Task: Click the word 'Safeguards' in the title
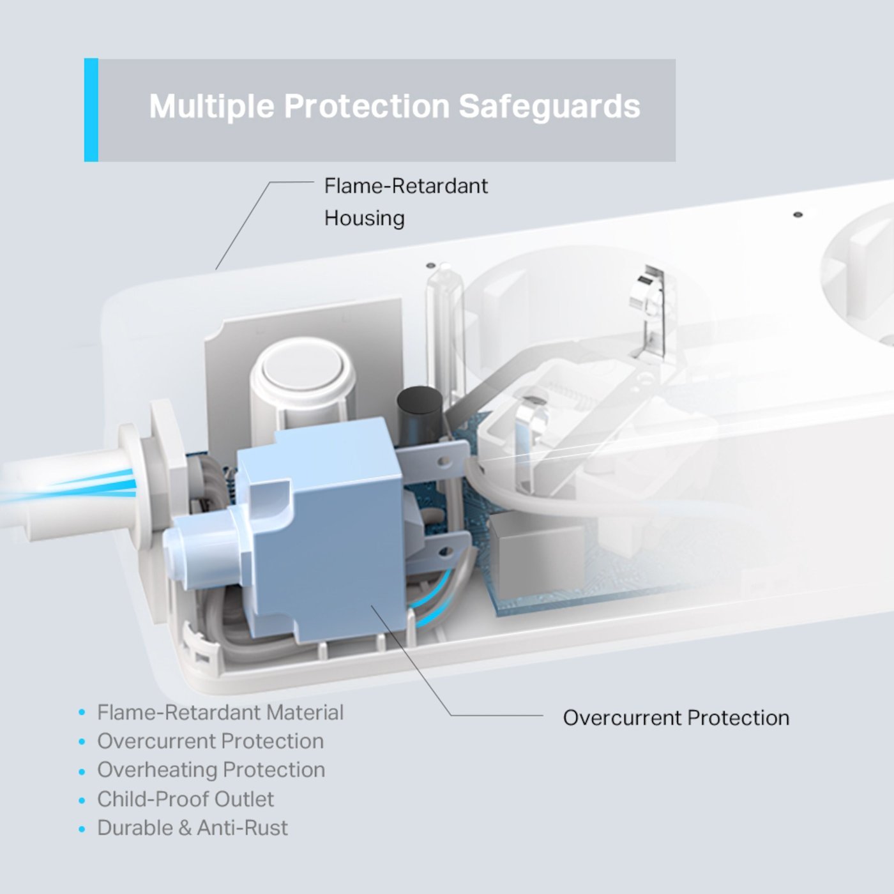pos(549,106)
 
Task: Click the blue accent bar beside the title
pos(91,110)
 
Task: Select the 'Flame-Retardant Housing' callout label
pos(405,202)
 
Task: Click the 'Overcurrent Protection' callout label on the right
pos(676,718)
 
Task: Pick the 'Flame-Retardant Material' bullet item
pos(220,712)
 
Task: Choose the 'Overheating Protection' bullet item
pos(211,770)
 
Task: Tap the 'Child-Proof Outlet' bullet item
pos(185,799)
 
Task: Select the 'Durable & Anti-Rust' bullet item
pos(192,828)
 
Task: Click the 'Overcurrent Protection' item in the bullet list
pos(210,741)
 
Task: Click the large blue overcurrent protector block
pos(326,530)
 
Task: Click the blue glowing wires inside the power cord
pos(96,485)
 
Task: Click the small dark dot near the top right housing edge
pos(797,215)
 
